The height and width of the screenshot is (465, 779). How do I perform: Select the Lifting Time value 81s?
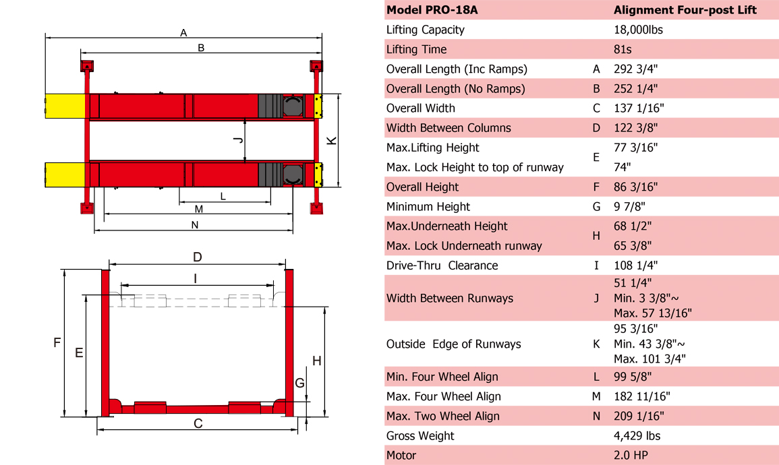pos(624,49)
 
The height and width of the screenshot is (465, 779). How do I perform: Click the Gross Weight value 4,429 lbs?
pos(637,436)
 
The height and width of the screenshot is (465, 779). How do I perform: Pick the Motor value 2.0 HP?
pos(631,456)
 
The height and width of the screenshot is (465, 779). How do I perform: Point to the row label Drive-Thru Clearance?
pos(442,266)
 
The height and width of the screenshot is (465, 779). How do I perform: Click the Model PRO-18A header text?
pos(432,10)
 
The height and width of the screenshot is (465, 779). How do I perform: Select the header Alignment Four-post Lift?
pos(685,10)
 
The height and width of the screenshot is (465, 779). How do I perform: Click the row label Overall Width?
pos(420,108)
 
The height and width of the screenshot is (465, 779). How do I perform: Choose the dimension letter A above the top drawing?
pos(183,32)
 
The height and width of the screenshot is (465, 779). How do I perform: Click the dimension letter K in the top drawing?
pos(331,140)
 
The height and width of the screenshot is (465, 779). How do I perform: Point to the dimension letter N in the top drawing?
pos(195,225)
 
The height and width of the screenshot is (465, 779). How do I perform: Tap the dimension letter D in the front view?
pos(197,257)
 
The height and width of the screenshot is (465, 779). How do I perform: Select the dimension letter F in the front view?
pos(57,343)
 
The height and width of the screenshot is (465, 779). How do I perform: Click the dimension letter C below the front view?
pos(198,424)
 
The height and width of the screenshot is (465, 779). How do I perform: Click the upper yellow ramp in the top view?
pos(65,106)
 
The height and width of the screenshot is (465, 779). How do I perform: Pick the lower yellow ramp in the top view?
pos(65,175)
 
